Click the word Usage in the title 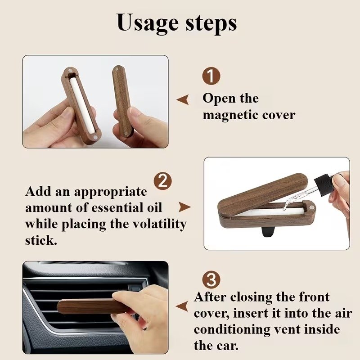(148, 23)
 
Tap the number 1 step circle (211, 76)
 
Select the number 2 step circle (162, 181)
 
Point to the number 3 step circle (211, 280)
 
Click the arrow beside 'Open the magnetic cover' (183, 99)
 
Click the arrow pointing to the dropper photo (184, 207)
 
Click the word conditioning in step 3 (232, 330)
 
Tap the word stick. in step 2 (41, 240)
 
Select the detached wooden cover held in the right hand (121, 100)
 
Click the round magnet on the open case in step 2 (311, 207)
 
